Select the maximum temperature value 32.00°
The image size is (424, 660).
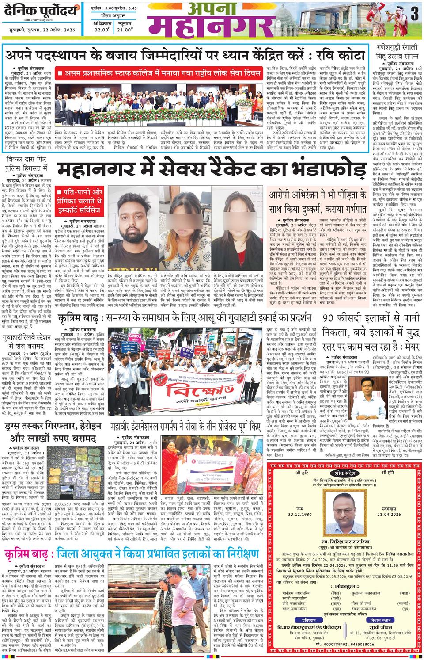(x=102, y=30)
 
